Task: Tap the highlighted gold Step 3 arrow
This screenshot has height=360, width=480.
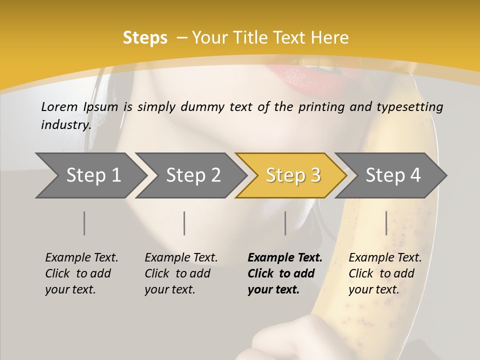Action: coord(292,175)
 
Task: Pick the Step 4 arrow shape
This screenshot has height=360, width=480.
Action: coord(392,175)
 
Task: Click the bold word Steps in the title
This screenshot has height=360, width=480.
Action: coord(145,38)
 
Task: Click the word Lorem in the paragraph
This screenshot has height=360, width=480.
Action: coord(59,107)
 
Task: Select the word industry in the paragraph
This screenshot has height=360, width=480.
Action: coord(65,125)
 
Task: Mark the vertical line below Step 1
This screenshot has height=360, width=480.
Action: coord(84,223)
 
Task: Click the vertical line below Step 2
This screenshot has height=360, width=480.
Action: coord(184,223)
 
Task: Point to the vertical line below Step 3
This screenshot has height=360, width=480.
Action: coord(285,223)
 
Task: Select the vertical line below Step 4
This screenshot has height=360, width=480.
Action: coord(386,223)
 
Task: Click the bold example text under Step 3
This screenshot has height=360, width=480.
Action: coord(285,273)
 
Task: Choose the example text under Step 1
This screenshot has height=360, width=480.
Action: coord(81,273)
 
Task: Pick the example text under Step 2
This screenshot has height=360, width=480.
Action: coord(181,273)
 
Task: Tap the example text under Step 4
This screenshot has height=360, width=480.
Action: coord(385,273)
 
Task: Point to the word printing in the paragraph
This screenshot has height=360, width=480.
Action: coord(317,107)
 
